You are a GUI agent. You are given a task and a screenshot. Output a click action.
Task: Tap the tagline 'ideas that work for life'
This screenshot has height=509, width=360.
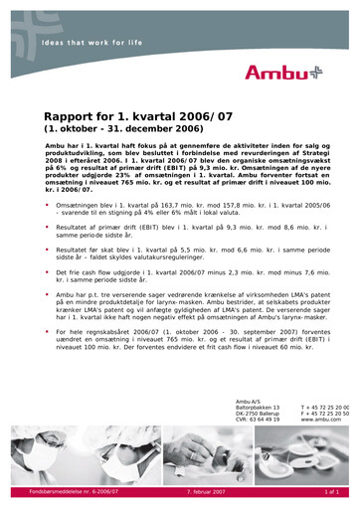90,43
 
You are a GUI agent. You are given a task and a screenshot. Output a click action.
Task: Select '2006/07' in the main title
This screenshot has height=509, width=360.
225,116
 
